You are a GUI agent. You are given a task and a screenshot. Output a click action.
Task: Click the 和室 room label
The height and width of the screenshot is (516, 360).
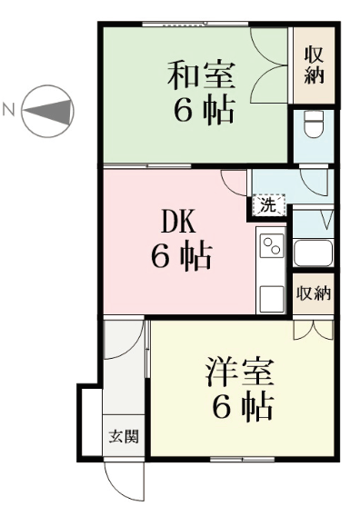click(x=201, y=75)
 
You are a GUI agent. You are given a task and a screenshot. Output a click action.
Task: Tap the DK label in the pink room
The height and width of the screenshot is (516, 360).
click(x=178, y=222)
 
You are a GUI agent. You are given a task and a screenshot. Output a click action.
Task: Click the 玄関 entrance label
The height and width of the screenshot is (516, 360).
click(x=124, y=436)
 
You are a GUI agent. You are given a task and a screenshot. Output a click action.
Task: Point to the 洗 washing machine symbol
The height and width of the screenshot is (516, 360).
click(x=268, y=205)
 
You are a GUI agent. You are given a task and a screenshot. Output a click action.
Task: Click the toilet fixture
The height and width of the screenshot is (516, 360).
click(x=314, y=124)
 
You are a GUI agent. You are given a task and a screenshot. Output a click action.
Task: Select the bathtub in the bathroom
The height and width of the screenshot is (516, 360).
click(x=314, y=253)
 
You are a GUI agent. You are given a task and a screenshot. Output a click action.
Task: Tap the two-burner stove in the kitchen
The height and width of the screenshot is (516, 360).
click(x=272, y=246)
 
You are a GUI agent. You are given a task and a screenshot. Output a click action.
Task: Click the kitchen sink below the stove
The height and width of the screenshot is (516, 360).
click(x=272, y=299)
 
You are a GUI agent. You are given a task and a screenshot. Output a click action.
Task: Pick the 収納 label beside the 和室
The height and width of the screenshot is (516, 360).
click(x=314, y=64)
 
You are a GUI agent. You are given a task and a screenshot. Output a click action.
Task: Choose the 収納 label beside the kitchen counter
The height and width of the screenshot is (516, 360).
click(x=314, y=293)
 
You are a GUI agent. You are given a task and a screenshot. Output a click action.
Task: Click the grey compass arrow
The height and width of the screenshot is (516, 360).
click(x=48, y=111)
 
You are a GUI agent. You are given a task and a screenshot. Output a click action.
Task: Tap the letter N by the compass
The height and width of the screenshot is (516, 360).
click(x=9, y=109)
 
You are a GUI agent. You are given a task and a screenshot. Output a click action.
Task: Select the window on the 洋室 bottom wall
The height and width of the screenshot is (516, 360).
click(x=242, y=459)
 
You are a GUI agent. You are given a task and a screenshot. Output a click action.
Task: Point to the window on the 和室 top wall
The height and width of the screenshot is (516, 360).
click(x=195, y=24)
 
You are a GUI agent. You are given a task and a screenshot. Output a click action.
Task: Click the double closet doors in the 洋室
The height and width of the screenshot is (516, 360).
click(x=314, y=330)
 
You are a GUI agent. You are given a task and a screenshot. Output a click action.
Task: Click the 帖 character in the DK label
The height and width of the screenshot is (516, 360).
click(x=196, y=256)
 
